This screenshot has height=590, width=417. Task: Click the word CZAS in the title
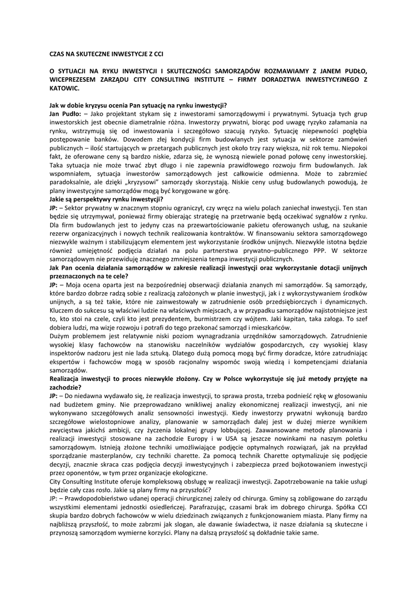(x=58, y=53)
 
